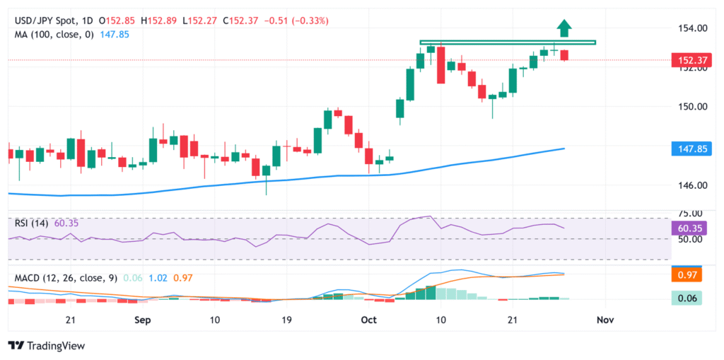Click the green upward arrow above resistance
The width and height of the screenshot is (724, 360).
tap(564, 28)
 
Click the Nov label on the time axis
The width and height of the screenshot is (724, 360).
tap(605, 320)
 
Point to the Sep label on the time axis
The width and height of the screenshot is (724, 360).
tap(142, 320)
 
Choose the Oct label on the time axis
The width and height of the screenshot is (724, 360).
tap(368, 320)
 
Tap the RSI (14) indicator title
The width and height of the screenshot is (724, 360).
tap(33, 223)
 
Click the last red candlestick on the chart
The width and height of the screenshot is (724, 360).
tap(564, 55)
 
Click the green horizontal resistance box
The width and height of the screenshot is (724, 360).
tap(508, 42)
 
